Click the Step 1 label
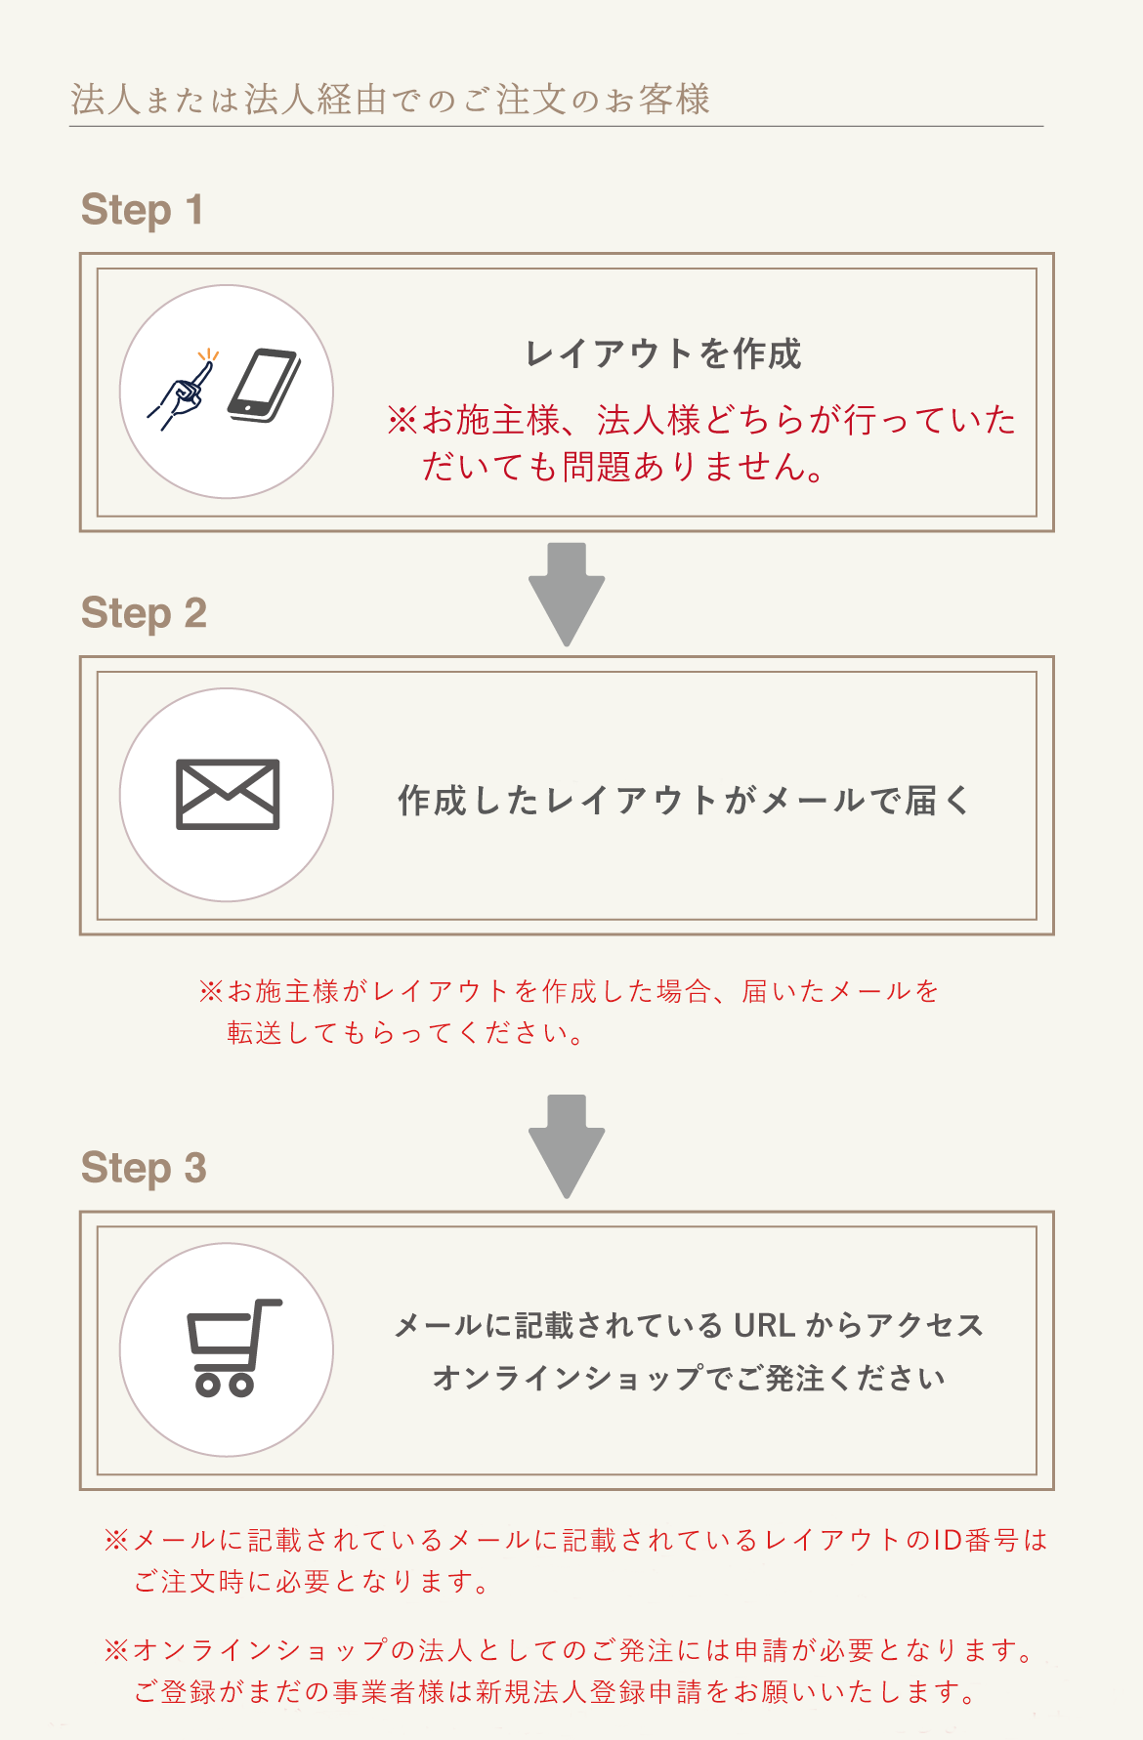coord(143,210)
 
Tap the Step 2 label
coord(144,613)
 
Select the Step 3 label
coord(144,1168)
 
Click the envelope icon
coord(228,795)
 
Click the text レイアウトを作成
coord(663,353)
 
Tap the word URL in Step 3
coord(764,1325)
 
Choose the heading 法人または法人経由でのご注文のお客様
coord(390,100)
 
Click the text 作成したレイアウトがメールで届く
coord(684,801)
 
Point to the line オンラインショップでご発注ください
coord(689,1378)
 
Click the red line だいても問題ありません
coord(625,467)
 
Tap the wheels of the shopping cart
coord(225,1384)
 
